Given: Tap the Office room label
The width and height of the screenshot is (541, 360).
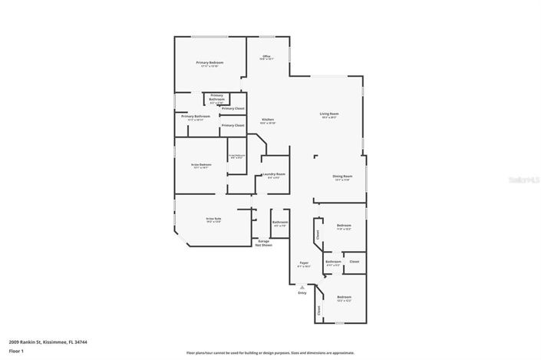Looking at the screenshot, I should (266, 57).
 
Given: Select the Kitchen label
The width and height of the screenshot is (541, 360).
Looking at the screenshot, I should (268, 120).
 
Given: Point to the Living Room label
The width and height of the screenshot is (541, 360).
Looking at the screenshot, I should (329, 114).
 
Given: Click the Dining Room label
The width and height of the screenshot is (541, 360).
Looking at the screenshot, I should (341, 177).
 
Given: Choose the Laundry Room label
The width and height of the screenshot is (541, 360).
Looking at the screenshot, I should (274, 174).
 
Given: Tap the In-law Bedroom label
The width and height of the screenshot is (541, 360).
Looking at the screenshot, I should (200, 164).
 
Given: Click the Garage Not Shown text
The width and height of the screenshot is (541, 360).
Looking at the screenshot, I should (263, 243).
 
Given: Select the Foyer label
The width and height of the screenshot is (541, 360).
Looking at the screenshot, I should (304, 263).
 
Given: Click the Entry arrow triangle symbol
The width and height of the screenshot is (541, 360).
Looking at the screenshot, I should (302, 287).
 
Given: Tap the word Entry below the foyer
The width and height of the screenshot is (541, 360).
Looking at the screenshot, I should (302, 292).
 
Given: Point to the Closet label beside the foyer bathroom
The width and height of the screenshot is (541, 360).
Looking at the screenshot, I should (354, 262).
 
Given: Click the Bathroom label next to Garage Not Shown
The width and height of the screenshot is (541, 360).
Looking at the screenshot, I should (279, 223).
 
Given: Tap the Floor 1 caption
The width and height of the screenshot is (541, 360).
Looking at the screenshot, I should (16, 352).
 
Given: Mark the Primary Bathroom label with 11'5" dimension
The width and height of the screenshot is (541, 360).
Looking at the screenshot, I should (195, 117).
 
